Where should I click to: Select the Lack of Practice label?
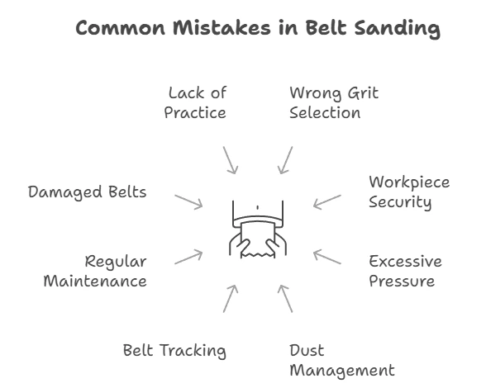[x=195, y=102]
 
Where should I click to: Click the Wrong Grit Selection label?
[x=334, y=102]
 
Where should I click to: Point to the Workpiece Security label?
[x=409, y=192]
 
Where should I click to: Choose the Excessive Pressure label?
[x=405, y=271]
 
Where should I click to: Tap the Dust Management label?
[x=342, y=361]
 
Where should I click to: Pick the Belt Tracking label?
[x=174, y=351]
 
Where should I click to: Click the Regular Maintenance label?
[x=95, y=271]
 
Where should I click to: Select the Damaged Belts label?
[x=87, y=192]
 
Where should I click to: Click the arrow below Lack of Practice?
[x=231, y=160]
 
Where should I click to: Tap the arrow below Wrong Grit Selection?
[x=285, y=160]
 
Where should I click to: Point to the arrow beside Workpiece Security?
[x=327, y=202]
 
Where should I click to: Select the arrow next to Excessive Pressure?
[x=327, y=257]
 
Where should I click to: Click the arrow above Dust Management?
[x=285, y=299]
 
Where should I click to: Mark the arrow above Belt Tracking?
[x=231, y=299]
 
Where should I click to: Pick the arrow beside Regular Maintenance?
[x=188, y=257]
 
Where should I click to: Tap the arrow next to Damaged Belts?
[x=188, y=202]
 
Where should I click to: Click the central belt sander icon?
[x=258, y=229]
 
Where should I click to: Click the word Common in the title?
[x=121, y=28]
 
